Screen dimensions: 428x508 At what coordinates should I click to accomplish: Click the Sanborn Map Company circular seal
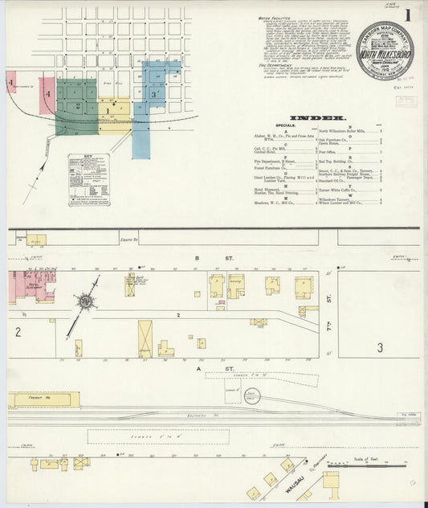click(385, 51)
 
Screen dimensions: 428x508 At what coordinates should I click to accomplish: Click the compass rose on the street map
click(84, 301)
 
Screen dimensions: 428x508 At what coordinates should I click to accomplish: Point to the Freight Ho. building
click(44, 399)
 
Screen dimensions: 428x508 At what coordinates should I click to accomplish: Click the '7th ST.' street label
click(329, 299)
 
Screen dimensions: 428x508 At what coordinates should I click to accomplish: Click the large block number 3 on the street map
click(381, 347)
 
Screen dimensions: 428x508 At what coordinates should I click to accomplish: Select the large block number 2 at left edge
click(17, 331)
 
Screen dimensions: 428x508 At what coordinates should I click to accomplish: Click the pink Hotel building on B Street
click(32, 286)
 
